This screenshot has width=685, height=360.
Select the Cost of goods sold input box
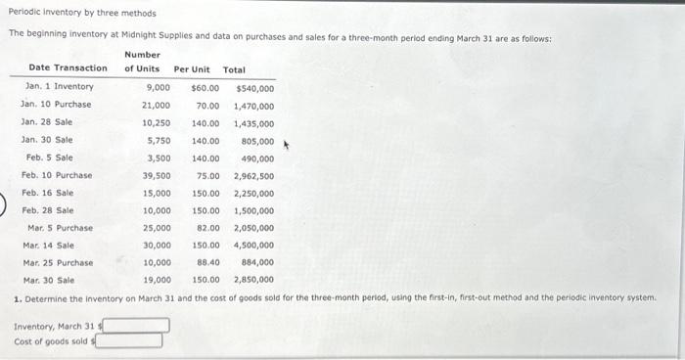(x=128, y=341)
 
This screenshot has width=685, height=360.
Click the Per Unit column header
(x=192, y=69)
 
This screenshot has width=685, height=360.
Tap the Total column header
(x=235, y=69)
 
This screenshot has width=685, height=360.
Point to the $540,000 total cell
(x=254, y=87)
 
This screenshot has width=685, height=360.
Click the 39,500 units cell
(x=157, y=175)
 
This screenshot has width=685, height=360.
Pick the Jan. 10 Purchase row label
(x=58, y=105)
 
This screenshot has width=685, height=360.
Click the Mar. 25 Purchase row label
(x=58, y=262)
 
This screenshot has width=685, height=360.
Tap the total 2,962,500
(x=253, y=175)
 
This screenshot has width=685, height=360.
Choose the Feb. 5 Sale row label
(x=49, y=157)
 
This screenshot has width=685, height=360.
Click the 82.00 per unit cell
(x=207, y=228)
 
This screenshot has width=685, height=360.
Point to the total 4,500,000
(x=253, y=246)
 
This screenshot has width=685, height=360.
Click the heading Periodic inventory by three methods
(x=82, y=14)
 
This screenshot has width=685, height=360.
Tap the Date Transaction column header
(x=68, y=68)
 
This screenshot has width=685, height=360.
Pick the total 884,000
(x=257, y=262)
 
